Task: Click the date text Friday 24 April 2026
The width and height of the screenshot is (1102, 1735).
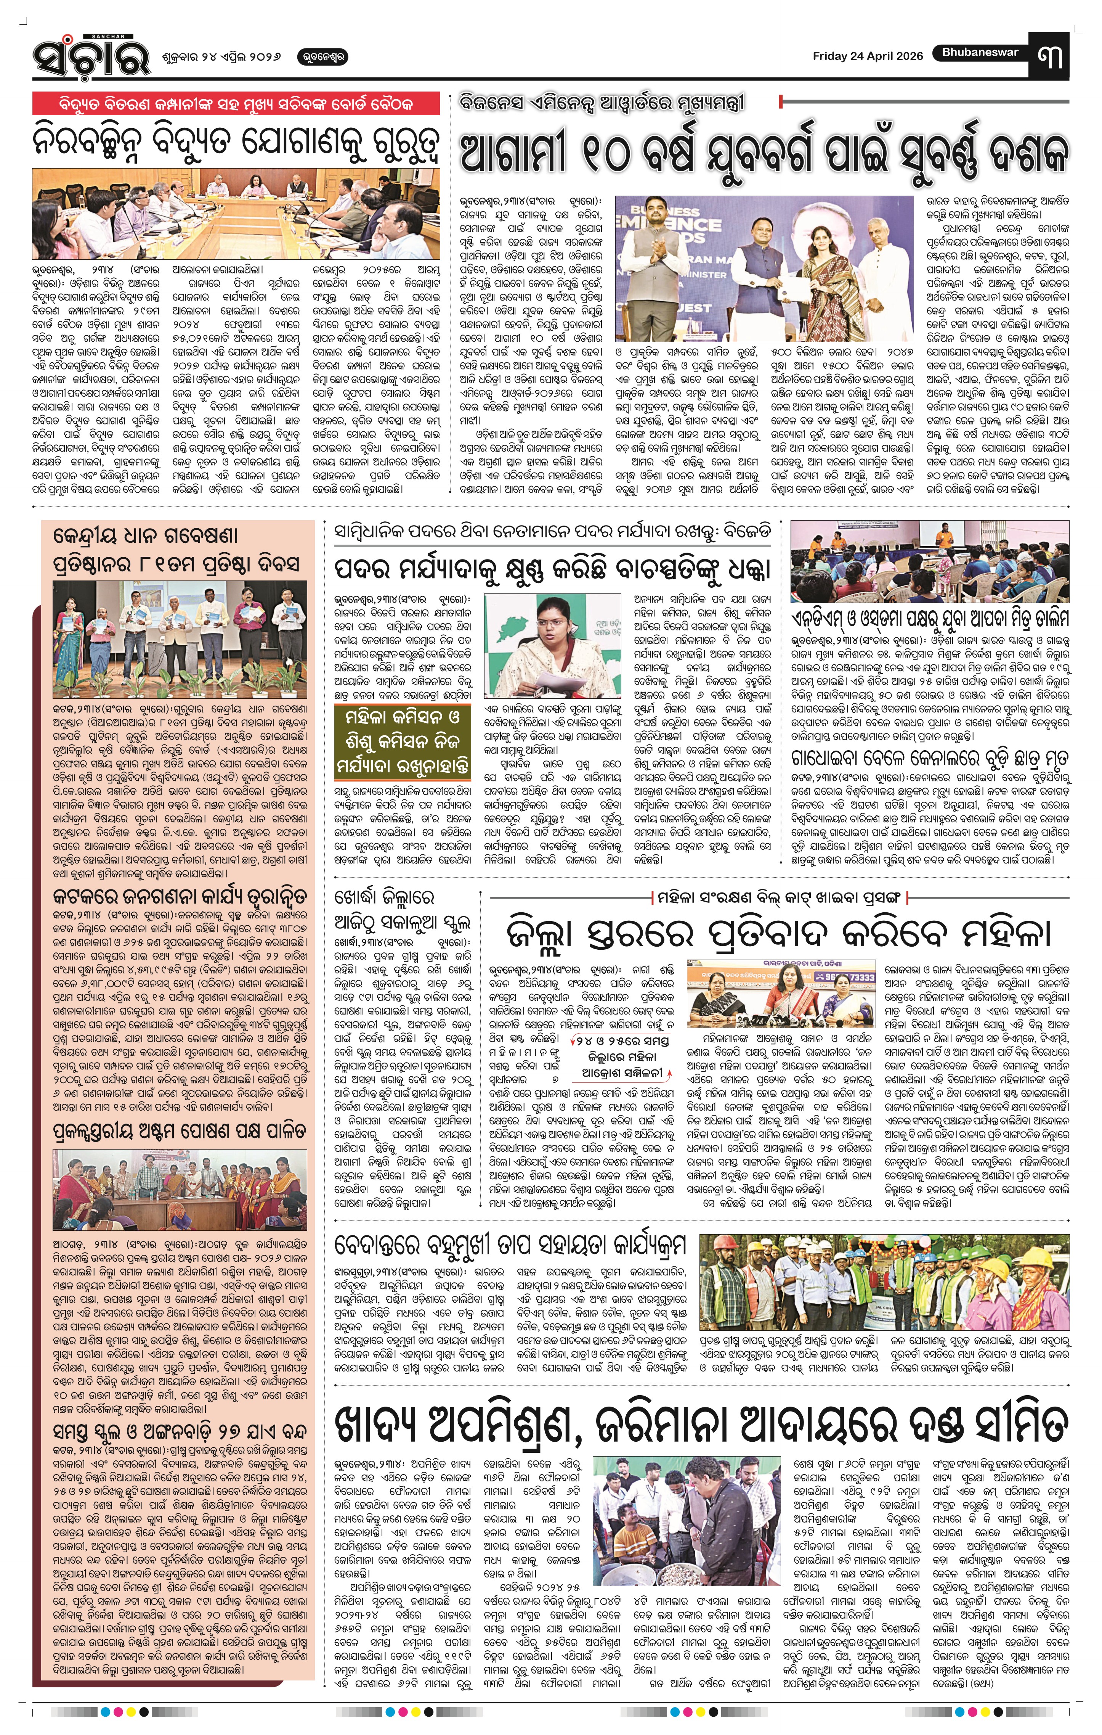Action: point(867,56)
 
